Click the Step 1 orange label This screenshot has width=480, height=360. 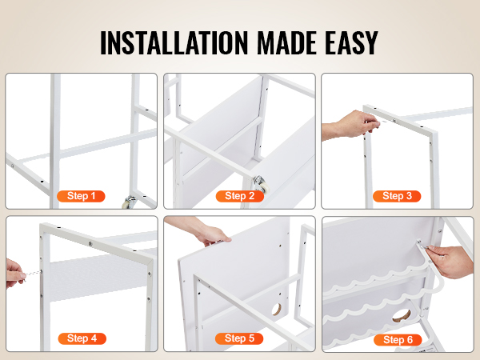(81, 196)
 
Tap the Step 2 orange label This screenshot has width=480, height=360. (240, 196)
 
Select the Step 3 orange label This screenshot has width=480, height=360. (397, 196)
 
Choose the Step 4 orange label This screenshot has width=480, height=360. (82, 338)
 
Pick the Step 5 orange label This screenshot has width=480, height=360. (239, 338)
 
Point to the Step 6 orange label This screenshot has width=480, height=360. (398, 339)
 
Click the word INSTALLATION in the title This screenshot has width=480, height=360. (174, 43)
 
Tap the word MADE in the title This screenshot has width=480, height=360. (286, 43)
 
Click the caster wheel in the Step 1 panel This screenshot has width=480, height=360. (129, 202)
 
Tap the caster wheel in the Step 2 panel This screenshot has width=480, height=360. (261, 184)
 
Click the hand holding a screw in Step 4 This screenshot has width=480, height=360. (14, 274)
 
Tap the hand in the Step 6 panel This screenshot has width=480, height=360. (450, 261)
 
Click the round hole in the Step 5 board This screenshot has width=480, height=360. (277, 310)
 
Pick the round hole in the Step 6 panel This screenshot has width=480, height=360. (402, 316)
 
